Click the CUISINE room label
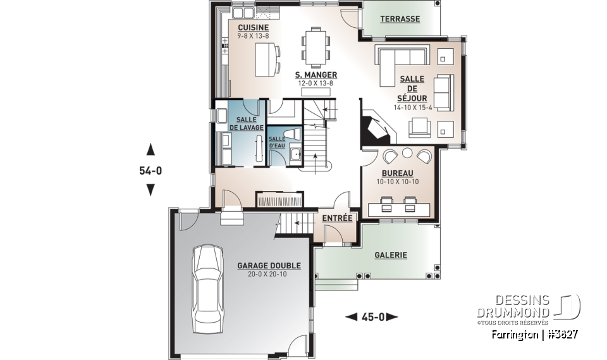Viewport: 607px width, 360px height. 253,28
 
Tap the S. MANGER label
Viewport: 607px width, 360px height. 316,75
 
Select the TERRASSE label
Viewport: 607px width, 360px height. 400,19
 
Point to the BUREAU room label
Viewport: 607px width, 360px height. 398,173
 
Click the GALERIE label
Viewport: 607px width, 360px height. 391,255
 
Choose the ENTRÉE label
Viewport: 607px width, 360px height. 337,218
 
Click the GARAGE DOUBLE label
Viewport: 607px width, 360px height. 269,266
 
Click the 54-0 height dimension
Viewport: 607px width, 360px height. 150,170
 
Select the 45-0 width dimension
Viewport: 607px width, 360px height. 373,316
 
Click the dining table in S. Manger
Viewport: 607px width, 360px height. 314,47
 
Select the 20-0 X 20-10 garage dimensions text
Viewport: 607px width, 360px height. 269,275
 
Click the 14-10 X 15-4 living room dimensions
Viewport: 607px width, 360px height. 412,108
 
